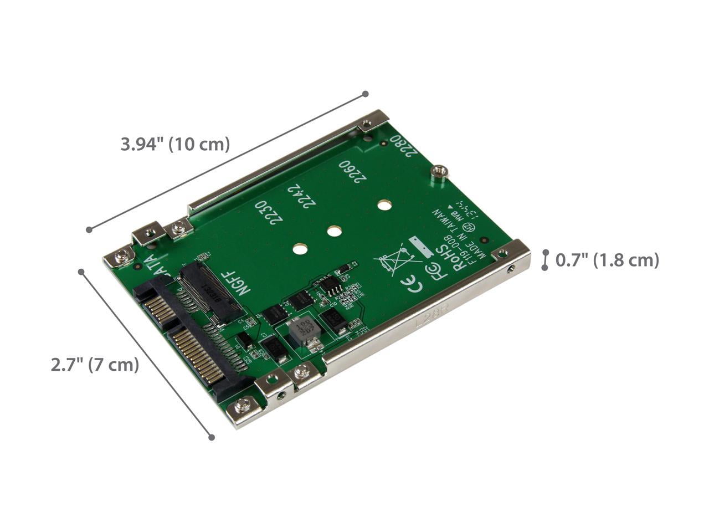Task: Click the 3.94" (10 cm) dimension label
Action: (x=175, y=145)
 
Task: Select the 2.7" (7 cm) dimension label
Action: (x=95, y=365)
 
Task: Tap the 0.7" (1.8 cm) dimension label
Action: (x=607, y=260)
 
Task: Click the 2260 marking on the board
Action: (x=352, y=171)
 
